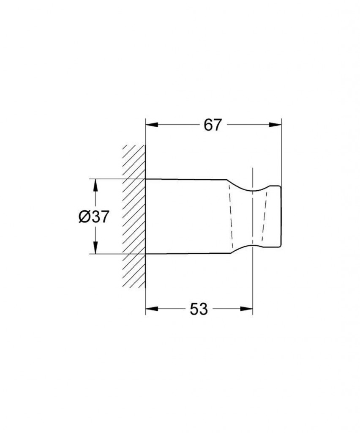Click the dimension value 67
(213, 125)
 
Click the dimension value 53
(199, 309)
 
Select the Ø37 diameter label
(94, 216)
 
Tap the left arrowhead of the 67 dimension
(152, 125)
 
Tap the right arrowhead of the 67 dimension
(275, 125)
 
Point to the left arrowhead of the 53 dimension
(152, 308)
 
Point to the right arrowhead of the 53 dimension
(246, 308)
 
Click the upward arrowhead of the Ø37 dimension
(95, 185)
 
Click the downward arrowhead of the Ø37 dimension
(95, 247)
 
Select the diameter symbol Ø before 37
(84, 216)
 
